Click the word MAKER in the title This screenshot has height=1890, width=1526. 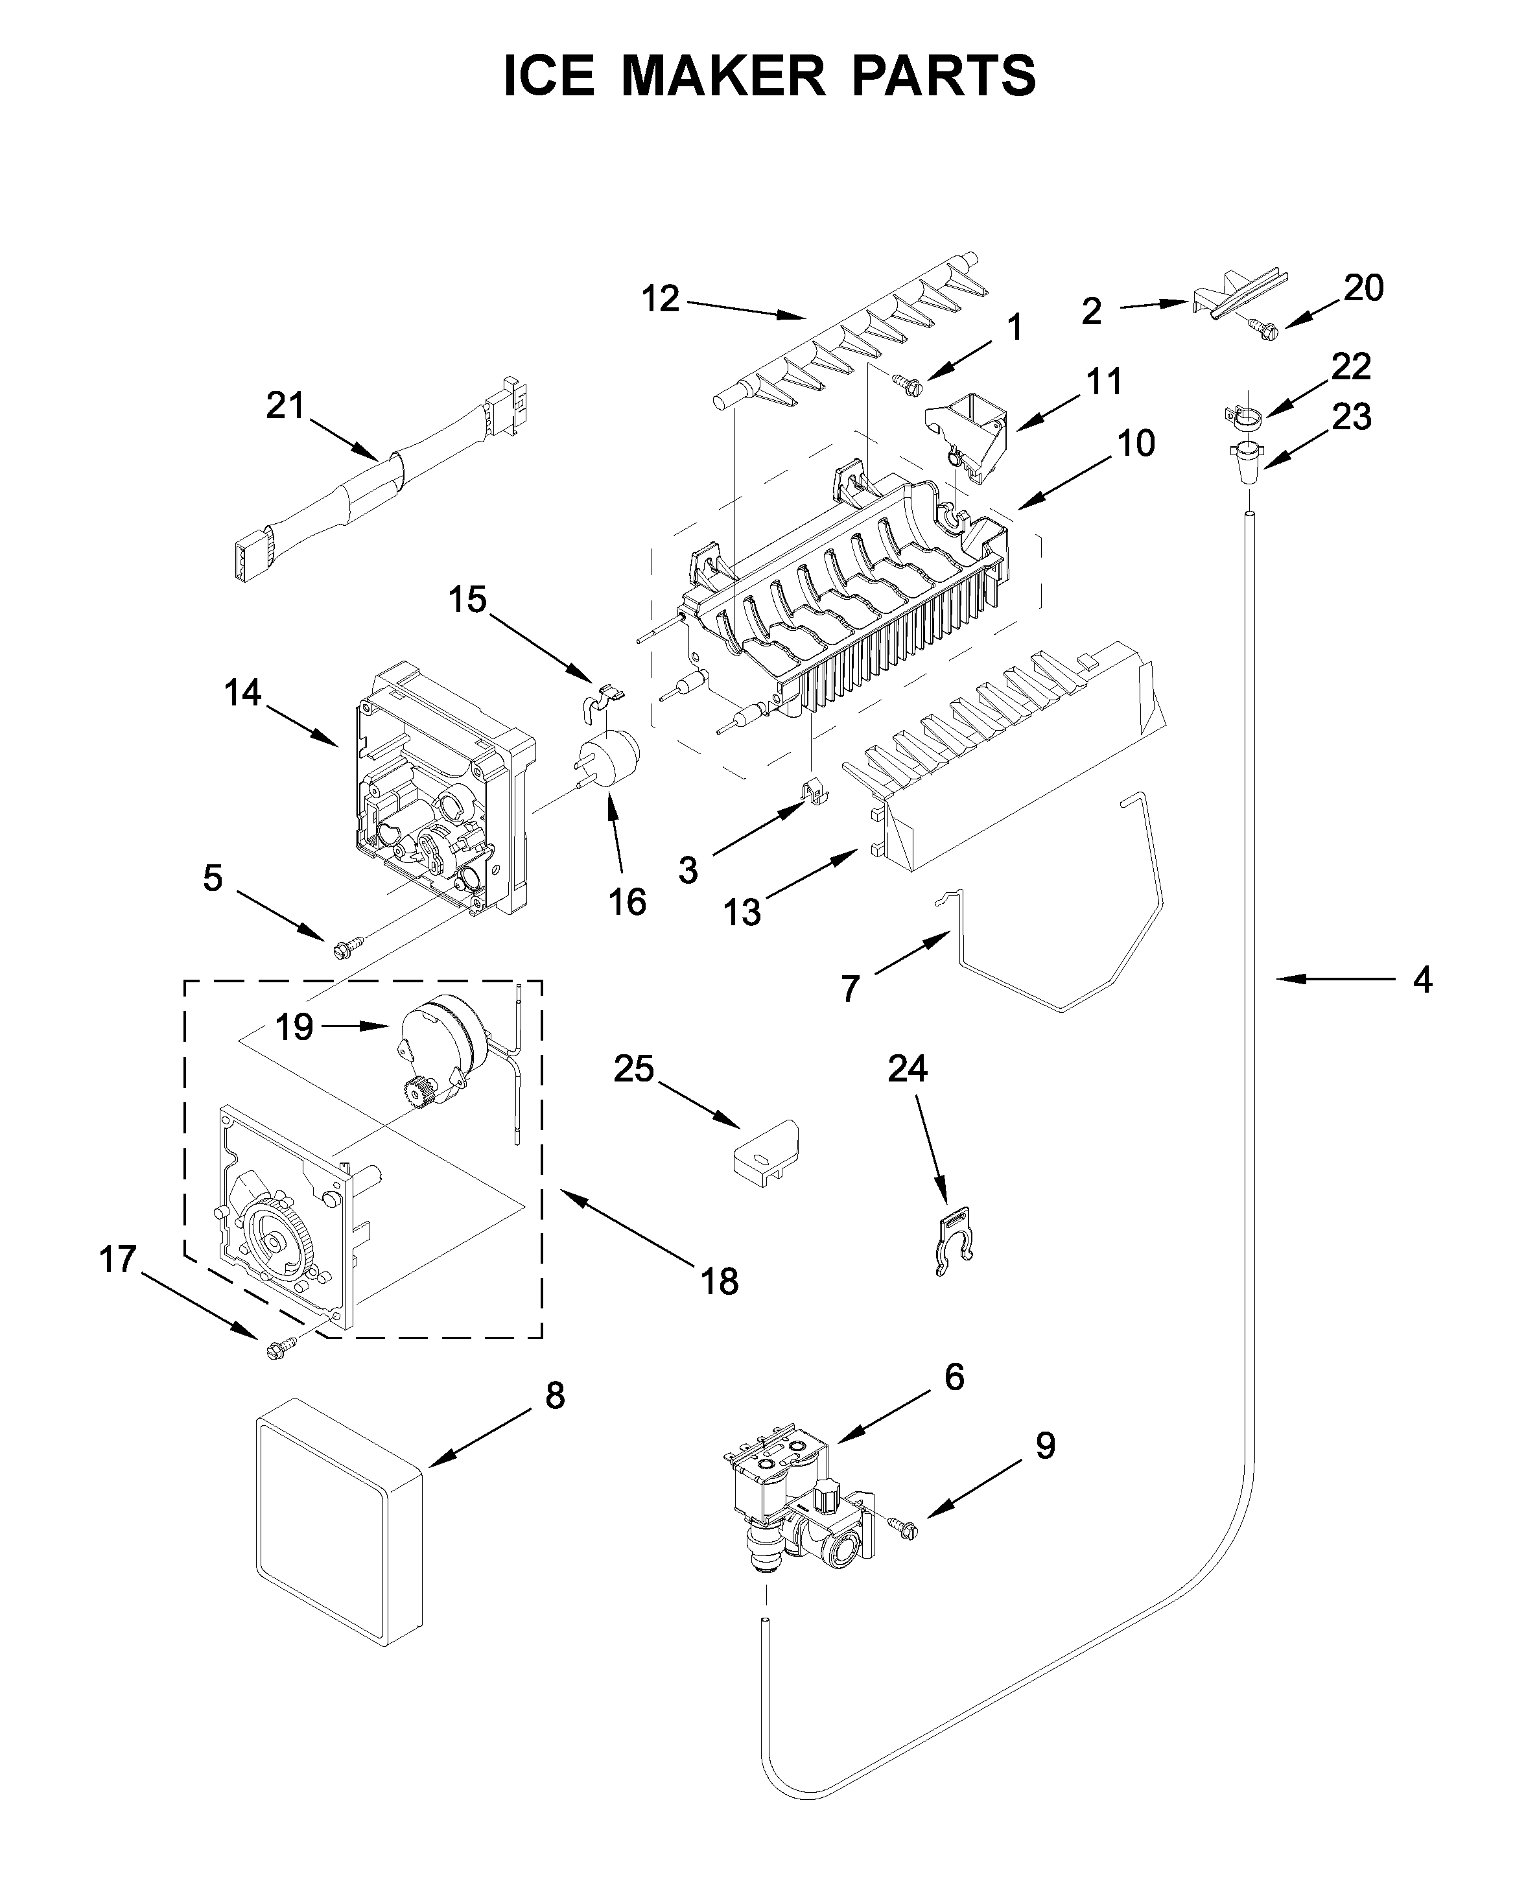[723, 76]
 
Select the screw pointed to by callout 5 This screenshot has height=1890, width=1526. [342, 949]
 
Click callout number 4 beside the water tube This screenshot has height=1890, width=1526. [1422, 978]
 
